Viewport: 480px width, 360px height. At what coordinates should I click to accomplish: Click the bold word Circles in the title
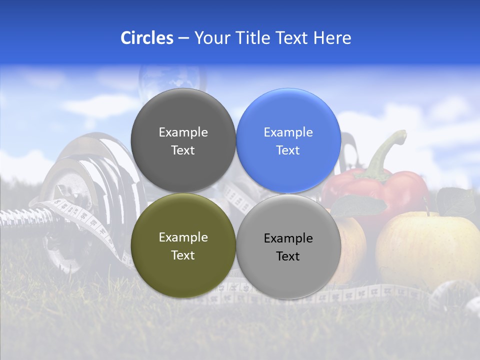(x=147, y=38)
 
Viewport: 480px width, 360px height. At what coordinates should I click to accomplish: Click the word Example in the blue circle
(x=288, y=132)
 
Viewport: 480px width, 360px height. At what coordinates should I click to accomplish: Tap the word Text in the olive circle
(x=183, y=255)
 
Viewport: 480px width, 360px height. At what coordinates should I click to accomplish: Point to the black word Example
(x=288, y=238)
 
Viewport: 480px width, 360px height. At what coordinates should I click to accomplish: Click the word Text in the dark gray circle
(x=183, y=150)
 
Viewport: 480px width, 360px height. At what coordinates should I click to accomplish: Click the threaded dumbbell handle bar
(x=20, y=217)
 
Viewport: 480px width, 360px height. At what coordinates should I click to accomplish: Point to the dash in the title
(x=183, y=38)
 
